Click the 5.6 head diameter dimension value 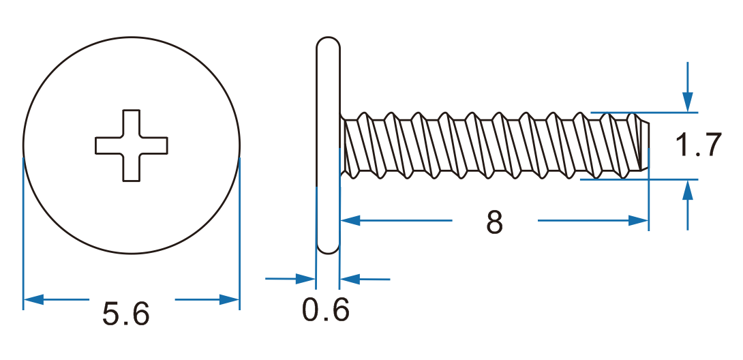click(126, 314)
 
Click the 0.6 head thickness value click(326, 311)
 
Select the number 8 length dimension click(495, 222)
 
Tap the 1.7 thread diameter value click(697, 146)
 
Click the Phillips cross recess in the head click(132, 145)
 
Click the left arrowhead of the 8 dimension click(350, 220)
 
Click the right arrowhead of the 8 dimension click(639, 220)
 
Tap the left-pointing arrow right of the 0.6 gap click(349, 278)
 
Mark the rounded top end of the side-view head click(329, 42)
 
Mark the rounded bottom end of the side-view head click(329, 249)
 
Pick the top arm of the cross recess click(132, 123)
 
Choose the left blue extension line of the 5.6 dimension click(24, 232)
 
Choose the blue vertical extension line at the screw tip click(648, 198)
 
